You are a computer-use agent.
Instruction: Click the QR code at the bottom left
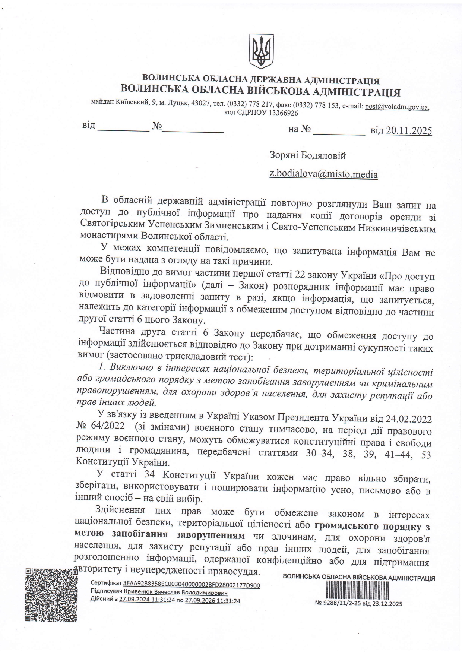pos(51,595)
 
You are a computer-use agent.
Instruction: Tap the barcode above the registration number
pos(358,590)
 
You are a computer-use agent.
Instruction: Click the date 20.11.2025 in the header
pos(409,130)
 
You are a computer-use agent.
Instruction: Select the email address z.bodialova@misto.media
pos(323,174)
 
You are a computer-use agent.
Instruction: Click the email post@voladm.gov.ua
pos(396,107)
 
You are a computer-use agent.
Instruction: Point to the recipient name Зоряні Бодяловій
pos(308,155)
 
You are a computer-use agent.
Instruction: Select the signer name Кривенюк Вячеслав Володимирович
pos(175,592)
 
